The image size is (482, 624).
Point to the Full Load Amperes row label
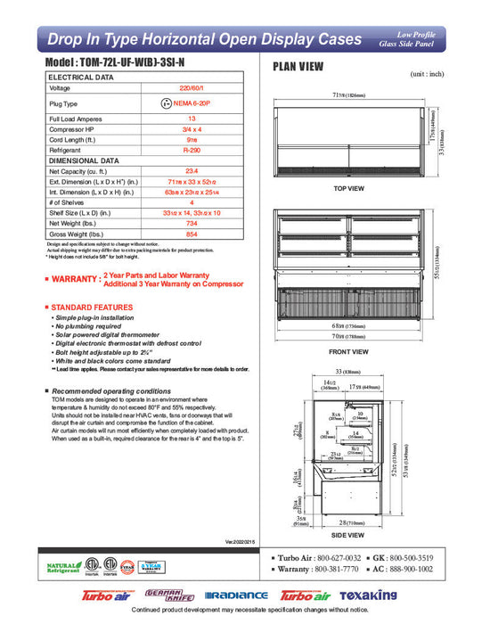click(75, 119)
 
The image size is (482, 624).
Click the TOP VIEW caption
click(347, 189)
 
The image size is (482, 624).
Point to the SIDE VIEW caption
click(347, 534)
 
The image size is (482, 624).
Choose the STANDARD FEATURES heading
click(89, 308)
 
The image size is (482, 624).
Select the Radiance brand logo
click(236, 595)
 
